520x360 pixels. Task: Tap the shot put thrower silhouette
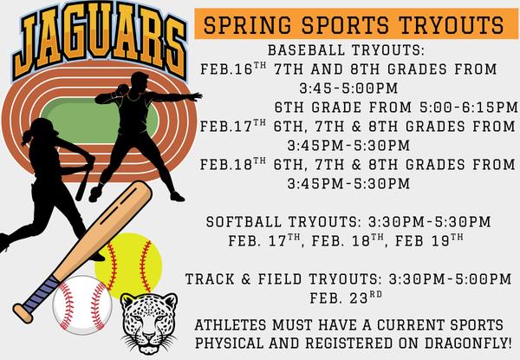point(139,130)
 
